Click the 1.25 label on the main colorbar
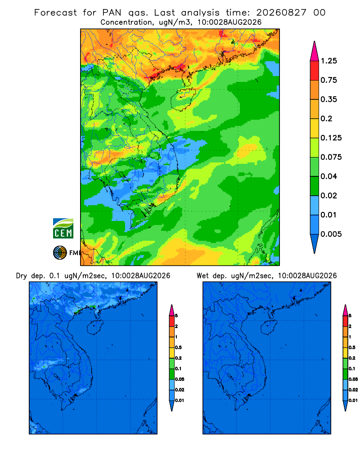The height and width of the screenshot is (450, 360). pos(328,61)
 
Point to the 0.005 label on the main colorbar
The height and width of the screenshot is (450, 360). pos(331,234)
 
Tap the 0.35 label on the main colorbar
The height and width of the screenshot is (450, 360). pos(328,99)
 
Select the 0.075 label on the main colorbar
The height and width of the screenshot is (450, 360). pos(331,157)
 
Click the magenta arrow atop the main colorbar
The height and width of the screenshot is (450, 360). pos(315,51)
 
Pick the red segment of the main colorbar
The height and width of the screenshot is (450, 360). pos(315,71)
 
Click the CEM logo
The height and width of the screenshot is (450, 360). pos(63,229)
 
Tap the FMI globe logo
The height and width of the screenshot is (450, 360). pos(60,253)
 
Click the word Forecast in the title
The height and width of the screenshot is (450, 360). pos(55,13)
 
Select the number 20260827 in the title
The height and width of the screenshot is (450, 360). pos(281,13)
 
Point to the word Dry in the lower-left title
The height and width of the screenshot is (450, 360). pos(21,276)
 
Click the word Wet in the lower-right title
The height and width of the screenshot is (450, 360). pos(202,276)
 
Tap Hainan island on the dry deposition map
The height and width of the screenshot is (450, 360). pos(95,328)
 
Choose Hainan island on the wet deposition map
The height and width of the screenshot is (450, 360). pos(269,328)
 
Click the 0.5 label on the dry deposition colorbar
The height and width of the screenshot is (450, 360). pos(178,347)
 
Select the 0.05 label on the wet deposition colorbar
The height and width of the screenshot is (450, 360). pos(353,379)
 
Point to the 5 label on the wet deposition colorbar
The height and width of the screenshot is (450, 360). pos(350,316)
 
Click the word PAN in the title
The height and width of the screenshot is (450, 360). pos(112,13)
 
